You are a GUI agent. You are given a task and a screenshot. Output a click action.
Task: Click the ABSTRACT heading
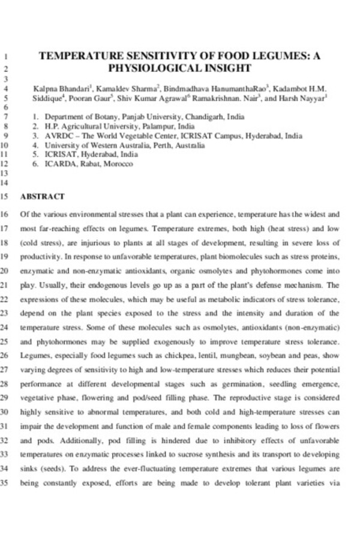pyautogui.click(x=42, y=196)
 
